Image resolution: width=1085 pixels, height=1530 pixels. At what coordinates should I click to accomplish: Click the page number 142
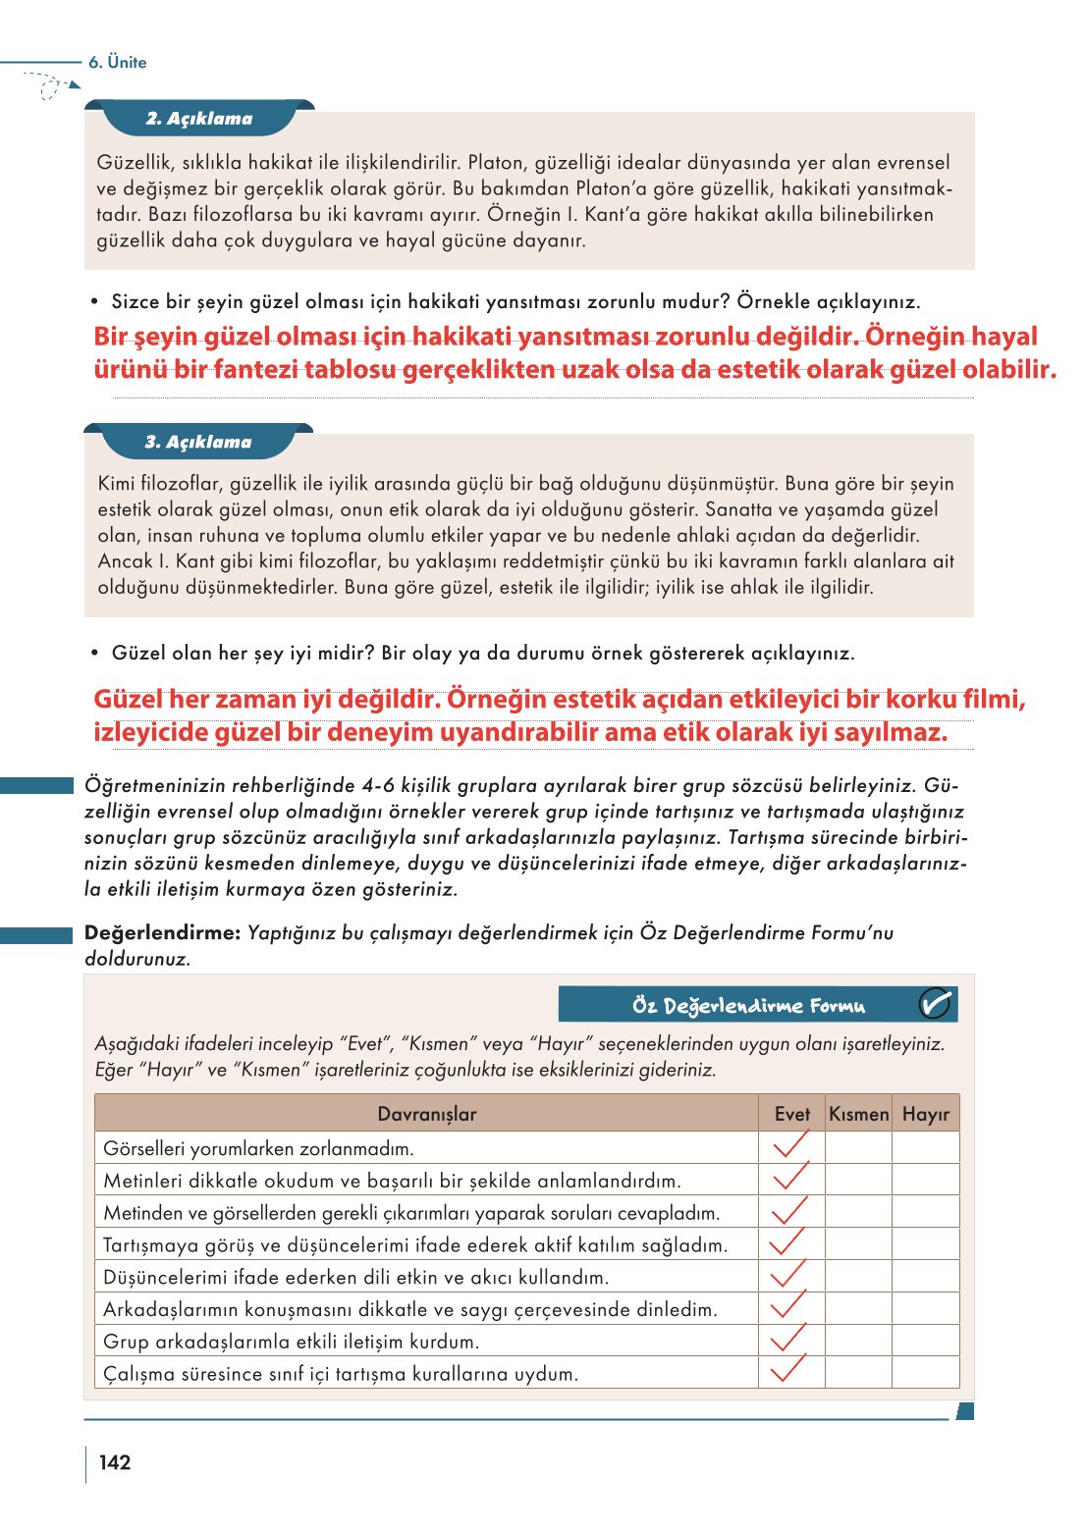[115, 1462]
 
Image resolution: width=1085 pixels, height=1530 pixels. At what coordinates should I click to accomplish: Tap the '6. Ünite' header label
[117, 62]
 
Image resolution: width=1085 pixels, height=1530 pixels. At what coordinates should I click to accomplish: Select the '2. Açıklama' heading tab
[199, 119]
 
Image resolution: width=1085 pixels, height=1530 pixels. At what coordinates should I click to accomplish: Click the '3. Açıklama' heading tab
[198, 443]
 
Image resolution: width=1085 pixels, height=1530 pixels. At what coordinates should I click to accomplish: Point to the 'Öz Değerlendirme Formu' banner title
[748, 1006]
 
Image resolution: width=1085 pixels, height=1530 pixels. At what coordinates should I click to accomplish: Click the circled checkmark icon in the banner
[935, 1004]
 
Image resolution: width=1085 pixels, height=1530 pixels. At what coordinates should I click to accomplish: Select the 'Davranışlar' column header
[426, 1114]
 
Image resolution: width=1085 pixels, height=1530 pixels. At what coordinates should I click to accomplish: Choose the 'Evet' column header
[791, 1114]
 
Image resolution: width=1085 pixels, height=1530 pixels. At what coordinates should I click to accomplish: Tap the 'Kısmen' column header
[858, 1114]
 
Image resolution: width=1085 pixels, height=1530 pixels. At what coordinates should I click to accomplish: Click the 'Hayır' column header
[925, 1114]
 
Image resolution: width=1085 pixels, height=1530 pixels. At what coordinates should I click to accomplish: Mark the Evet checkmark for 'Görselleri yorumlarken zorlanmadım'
[790, 1145]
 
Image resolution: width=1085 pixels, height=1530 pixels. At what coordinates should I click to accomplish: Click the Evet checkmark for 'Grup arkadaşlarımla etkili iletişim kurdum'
[789, 1339]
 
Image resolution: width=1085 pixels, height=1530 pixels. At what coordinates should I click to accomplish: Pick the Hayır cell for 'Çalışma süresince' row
[925, 1372]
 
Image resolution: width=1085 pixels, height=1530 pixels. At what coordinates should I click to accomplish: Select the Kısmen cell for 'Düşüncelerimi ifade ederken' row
[858, 1276]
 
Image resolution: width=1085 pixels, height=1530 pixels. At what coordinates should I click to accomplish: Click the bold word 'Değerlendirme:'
[162, 933]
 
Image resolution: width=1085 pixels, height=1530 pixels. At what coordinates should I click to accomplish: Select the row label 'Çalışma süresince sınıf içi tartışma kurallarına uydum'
[341, 1374]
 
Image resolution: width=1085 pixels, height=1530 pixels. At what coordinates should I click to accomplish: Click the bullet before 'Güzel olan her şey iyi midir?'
[95, 653]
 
